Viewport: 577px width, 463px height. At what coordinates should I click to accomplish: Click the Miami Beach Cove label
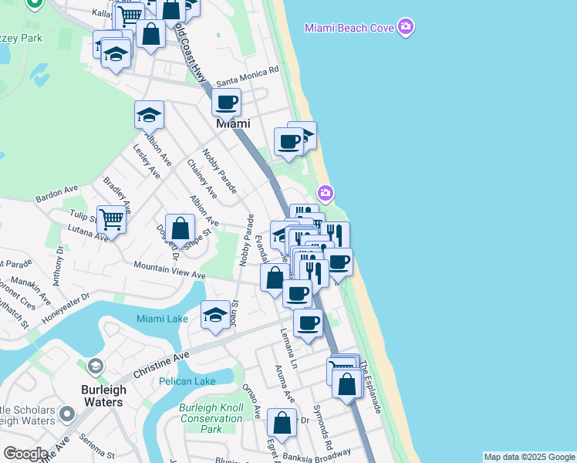coord(349,28)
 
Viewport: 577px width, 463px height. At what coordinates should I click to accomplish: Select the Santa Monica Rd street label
coord(247,76)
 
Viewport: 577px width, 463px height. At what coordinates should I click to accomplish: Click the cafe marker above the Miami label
coord(226,102)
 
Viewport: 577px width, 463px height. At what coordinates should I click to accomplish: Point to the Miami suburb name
coord(232,123)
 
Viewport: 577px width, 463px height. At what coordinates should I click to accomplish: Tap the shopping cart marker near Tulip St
coord(111,221)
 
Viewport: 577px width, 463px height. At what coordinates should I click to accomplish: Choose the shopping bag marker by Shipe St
coord(180,228)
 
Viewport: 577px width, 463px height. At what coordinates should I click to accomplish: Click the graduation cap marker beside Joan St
coord(215,315)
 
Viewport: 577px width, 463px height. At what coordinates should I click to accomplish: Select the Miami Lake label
coord(162,319)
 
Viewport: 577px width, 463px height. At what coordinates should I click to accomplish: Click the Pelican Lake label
coord(187,381)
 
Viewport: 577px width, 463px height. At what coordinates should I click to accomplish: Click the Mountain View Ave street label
coord(169,270)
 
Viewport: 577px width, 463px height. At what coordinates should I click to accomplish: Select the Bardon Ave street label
coord(57,194)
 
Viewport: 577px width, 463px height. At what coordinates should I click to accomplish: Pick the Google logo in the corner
coord(25,454)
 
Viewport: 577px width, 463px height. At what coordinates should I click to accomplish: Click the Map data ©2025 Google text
coord(529,457)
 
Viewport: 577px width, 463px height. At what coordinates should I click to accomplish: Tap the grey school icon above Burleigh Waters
coord(96,366)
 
